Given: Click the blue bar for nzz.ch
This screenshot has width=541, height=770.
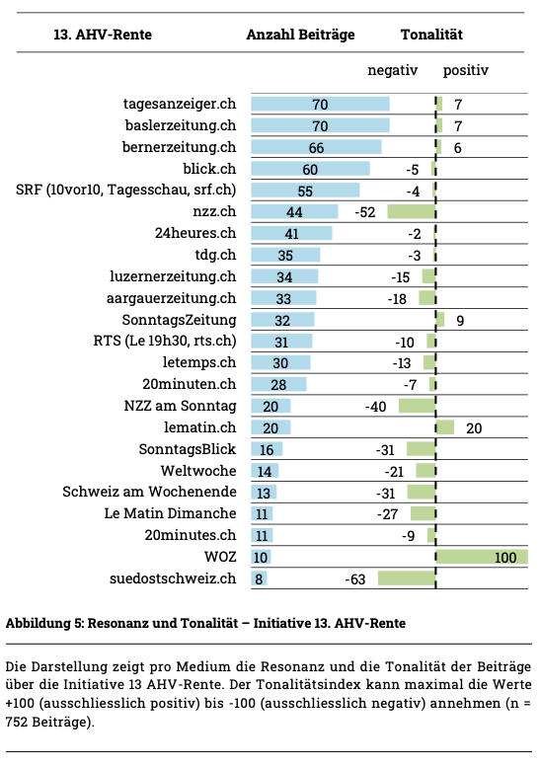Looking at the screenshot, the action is coord(294,211).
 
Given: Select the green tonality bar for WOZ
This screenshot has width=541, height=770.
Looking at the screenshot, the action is coord(482,557).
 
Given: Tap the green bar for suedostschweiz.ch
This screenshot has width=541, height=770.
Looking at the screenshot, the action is coord(407,578).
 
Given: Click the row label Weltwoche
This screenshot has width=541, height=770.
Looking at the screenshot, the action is coord(198,471).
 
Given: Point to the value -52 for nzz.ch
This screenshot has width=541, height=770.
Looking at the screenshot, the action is coord(364,212).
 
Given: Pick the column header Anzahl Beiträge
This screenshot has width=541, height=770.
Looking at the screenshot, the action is coord(300,35).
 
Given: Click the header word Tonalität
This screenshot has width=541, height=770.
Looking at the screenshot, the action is coord(431,35).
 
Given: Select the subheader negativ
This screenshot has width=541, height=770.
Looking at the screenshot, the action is coord(392,70).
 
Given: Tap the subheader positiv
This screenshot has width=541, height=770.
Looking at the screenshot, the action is coord(465,70).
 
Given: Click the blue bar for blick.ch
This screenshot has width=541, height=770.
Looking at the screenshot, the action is coord(310,169).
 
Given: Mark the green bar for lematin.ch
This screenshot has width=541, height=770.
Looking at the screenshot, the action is coord(445,427).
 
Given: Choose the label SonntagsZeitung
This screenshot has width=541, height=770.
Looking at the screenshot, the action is coord(180,320).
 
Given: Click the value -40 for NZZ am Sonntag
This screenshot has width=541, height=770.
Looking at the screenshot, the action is coord(375,407).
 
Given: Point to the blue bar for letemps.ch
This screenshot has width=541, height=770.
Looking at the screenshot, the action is coord(280,362).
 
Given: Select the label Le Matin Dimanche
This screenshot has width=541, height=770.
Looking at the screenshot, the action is coord(170,513).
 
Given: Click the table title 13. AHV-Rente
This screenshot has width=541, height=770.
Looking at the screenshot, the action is coord(103,35).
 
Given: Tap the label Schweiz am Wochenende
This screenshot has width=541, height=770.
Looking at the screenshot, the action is coord(149,492).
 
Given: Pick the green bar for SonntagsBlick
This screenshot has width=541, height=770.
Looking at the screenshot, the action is coord(422,449).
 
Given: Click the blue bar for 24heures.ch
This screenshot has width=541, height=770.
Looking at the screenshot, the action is coord(291,233).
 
